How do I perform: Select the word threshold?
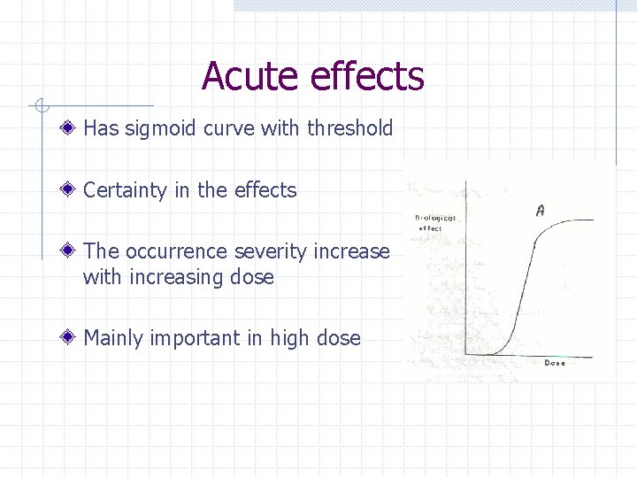(349, 128)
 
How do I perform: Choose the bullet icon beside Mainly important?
(69, 338)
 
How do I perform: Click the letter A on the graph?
(540, 211)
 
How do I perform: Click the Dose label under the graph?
(554, 363)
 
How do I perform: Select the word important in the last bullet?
(195, 338)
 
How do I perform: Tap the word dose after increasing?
(251, 277)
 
